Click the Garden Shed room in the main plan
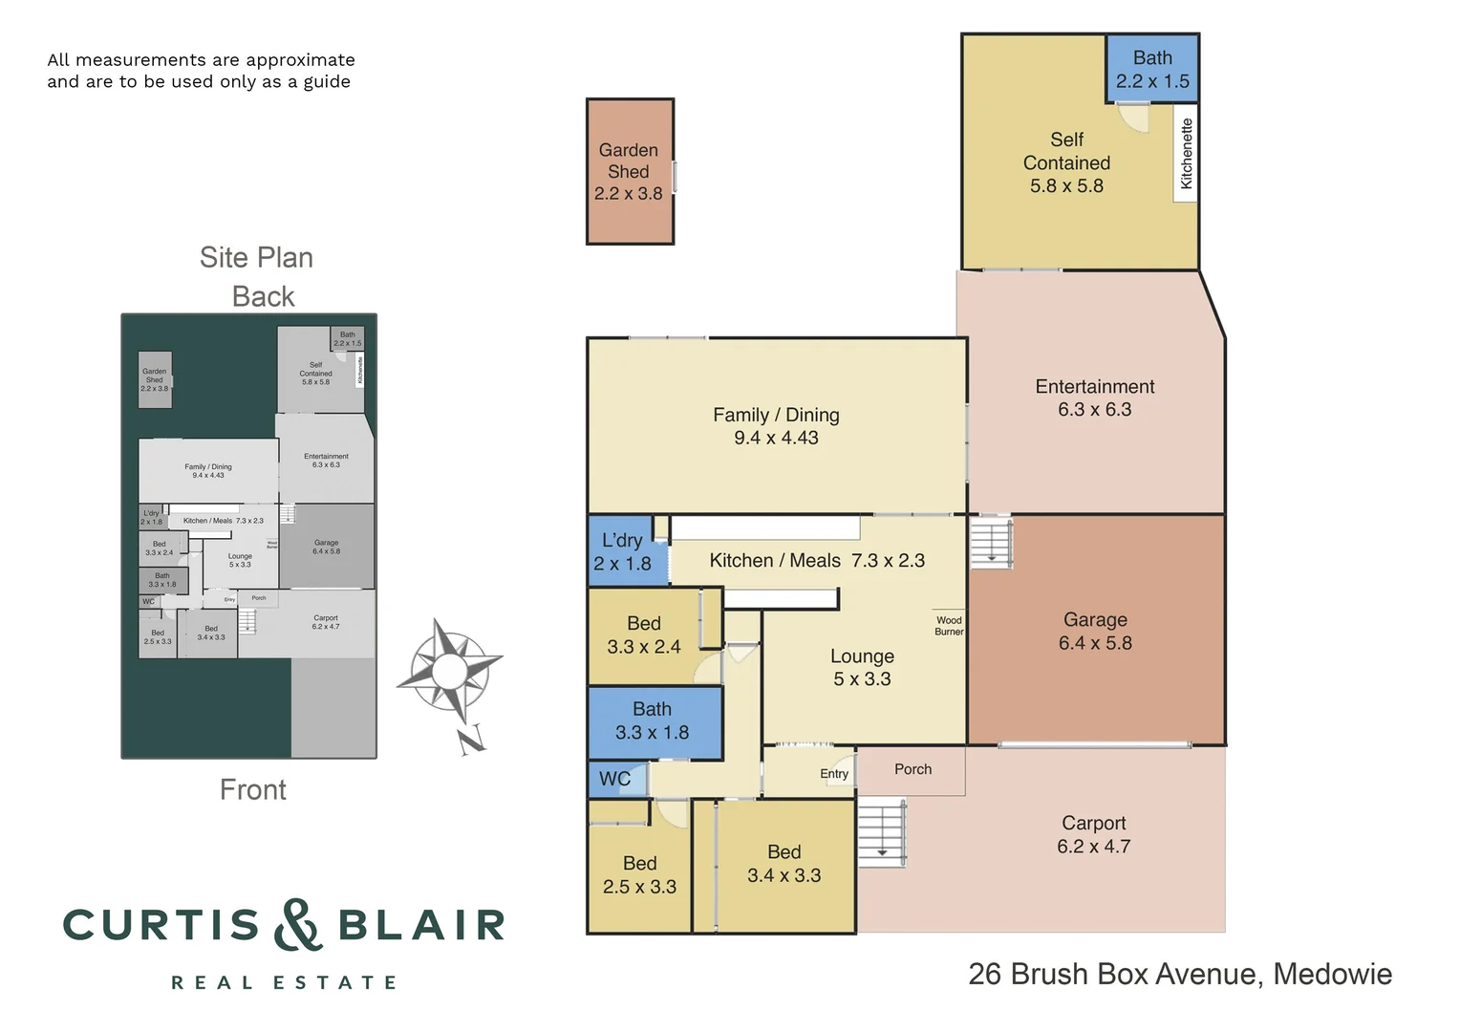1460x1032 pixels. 629,172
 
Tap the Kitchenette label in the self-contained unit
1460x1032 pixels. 1186,153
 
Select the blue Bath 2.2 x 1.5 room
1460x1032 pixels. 1152,69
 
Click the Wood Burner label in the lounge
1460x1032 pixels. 949,626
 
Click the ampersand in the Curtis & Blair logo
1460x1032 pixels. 298,925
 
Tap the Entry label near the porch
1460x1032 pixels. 833,774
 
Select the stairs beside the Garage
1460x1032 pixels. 991,543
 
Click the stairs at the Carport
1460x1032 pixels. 881,832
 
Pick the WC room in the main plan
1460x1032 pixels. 615,779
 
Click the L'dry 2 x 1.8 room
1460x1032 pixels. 622,552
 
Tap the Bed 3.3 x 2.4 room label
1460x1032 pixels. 643,635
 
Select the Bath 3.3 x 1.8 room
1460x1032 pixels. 652,721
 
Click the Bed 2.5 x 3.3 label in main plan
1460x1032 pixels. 639,875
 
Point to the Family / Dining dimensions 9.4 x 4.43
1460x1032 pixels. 776,439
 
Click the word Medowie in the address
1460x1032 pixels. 1332,974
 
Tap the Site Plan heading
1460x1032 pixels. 256,257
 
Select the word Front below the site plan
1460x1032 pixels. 252,789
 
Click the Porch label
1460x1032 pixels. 912,769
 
